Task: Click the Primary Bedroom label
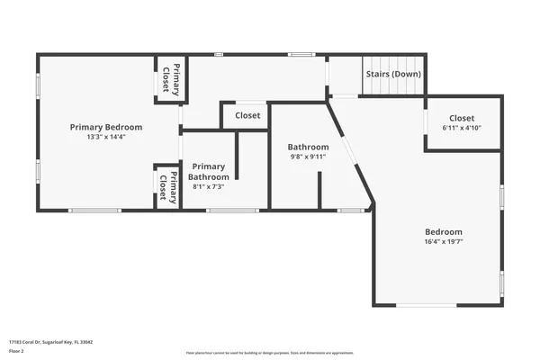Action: point(106,127)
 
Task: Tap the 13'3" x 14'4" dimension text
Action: point(106,138)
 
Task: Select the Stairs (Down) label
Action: point(392,74)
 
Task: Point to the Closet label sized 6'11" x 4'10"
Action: point(462,118)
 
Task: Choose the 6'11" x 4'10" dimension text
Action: point(462,128)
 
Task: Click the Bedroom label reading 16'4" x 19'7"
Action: point(444,231)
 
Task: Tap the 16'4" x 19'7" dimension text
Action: point(444,241)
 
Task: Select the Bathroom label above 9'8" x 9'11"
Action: point(308,147)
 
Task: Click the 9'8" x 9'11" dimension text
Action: point(308,157)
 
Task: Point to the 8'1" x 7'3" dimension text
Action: point(208,187)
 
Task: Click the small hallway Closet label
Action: point(247,116)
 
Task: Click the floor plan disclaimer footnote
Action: point(270,353)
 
